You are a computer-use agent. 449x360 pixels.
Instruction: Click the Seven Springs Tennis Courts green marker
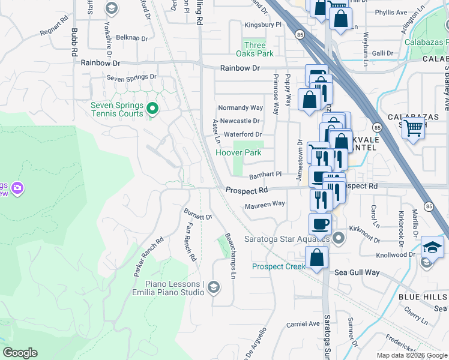click(152, 109)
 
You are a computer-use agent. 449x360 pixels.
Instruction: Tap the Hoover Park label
click(239, 152)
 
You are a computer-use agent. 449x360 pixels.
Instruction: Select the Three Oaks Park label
click(255, 50)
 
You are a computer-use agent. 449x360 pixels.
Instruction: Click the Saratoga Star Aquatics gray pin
click(339, 239)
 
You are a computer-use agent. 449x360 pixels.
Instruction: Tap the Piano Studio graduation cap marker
click(213, 289)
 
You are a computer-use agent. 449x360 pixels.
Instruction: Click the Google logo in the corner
click(20, 353)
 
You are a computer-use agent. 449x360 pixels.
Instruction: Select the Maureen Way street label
click(265, 205)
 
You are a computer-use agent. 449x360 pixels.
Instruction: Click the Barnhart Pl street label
click(265, 175)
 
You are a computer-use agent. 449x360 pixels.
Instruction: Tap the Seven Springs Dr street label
click(131, 77)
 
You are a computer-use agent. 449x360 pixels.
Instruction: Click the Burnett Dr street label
click(199, 214)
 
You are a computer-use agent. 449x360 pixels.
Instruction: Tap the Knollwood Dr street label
click(396, 255)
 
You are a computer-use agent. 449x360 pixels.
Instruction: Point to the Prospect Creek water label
click(279, 266)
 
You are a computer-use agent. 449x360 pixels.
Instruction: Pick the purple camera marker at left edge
click(17, 188)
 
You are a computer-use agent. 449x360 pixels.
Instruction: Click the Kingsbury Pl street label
click(263, 25)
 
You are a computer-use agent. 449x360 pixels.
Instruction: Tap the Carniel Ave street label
click(303, 323)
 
